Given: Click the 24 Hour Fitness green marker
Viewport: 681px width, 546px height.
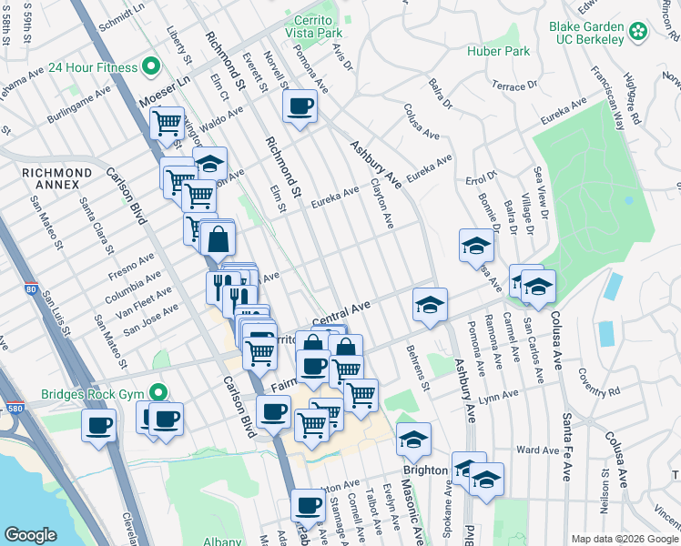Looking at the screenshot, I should click(x=152, y=66).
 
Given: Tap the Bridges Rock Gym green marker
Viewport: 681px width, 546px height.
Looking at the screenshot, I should click(x=159, y=394).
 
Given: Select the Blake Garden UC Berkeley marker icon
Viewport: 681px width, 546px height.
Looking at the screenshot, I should click(x=638, y=31).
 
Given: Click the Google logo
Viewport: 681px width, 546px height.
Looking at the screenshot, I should click(x=30, y=535).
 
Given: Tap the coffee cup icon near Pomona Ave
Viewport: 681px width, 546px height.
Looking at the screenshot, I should click(x=300, y=107).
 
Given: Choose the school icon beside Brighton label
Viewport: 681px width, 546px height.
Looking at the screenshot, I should click(x=413, y=440).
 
